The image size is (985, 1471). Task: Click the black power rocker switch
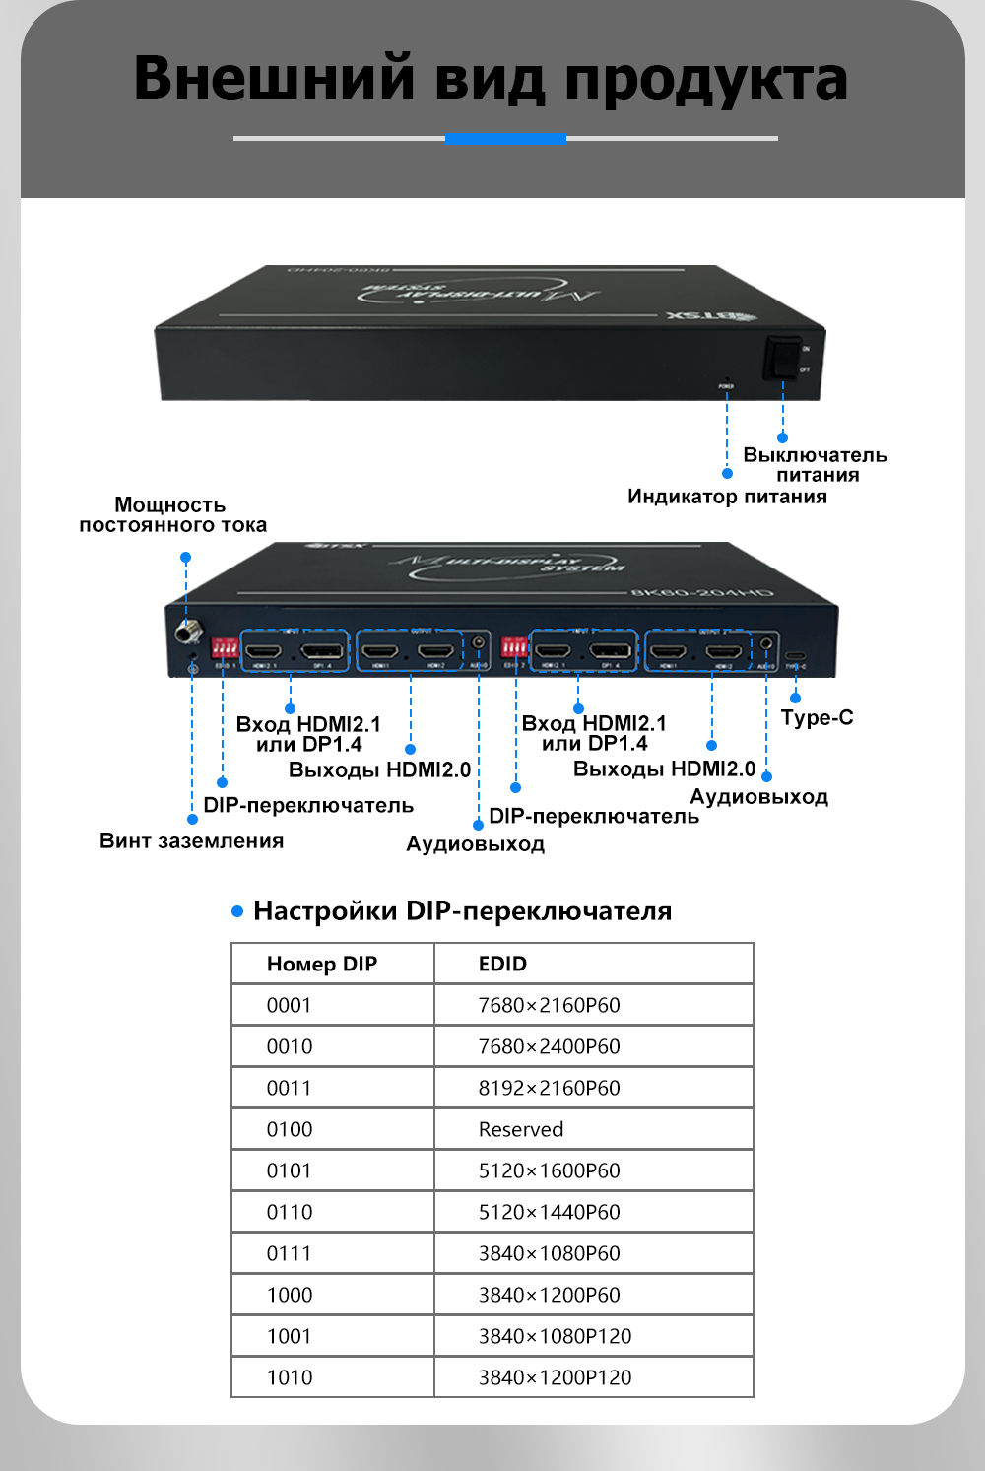(783, 357)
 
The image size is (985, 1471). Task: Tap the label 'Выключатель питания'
(816, 465)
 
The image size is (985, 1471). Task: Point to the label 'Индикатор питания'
(727, 497)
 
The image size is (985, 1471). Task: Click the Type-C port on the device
(795, 654)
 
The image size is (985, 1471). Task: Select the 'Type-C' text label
(817, 717)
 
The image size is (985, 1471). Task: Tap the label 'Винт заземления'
(191, 841)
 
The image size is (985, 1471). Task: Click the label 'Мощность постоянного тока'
(172, 515)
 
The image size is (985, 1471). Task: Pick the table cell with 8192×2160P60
(549, 1088)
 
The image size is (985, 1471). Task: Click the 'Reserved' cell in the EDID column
(521, 1129)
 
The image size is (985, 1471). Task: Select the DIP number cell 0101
(290, 1170)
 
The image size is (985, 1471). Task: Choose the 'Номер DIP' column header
(322, 964)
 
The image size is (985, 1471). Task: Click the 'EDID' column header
(502, 964)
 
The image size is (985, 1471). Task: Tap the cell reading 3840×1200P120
(555, 1377)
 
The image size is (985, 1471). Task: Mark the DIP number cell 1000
(290, 1295)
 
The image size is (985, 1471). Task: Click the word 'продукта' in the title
(705, 79)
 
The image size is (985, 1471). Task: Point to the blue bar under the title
(505, 139)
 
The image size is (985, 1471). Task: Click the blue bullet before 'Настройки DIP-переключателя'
(237, 911)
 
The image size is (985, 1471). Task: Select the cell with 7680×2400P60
(549, 1046)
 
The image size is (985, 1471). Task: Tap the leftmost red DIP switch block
(225, 648)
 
